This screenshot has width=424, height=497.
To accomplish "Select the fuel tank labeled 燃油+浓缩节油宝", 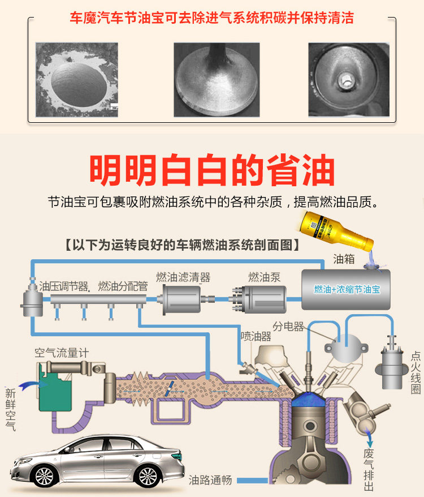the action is coord(345,289).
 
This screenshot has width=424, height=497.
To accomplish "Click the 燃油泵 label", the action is coord(264,277).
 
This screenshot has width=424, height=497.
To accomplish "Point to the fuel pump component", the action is coord(259,297).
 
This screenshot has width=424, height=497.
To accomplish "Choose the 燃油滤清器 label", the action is coord(183,277).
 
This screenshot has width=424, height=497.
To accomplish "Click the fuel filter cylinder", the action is coord(181,297).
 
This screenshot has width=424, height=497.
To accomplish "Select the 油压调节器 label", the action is coord(64,286).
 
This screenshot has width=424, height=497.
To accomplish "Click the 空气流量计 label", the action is coord(62,353).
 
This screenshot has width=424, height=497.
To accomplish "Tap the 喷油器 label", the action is coord(256,336).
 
